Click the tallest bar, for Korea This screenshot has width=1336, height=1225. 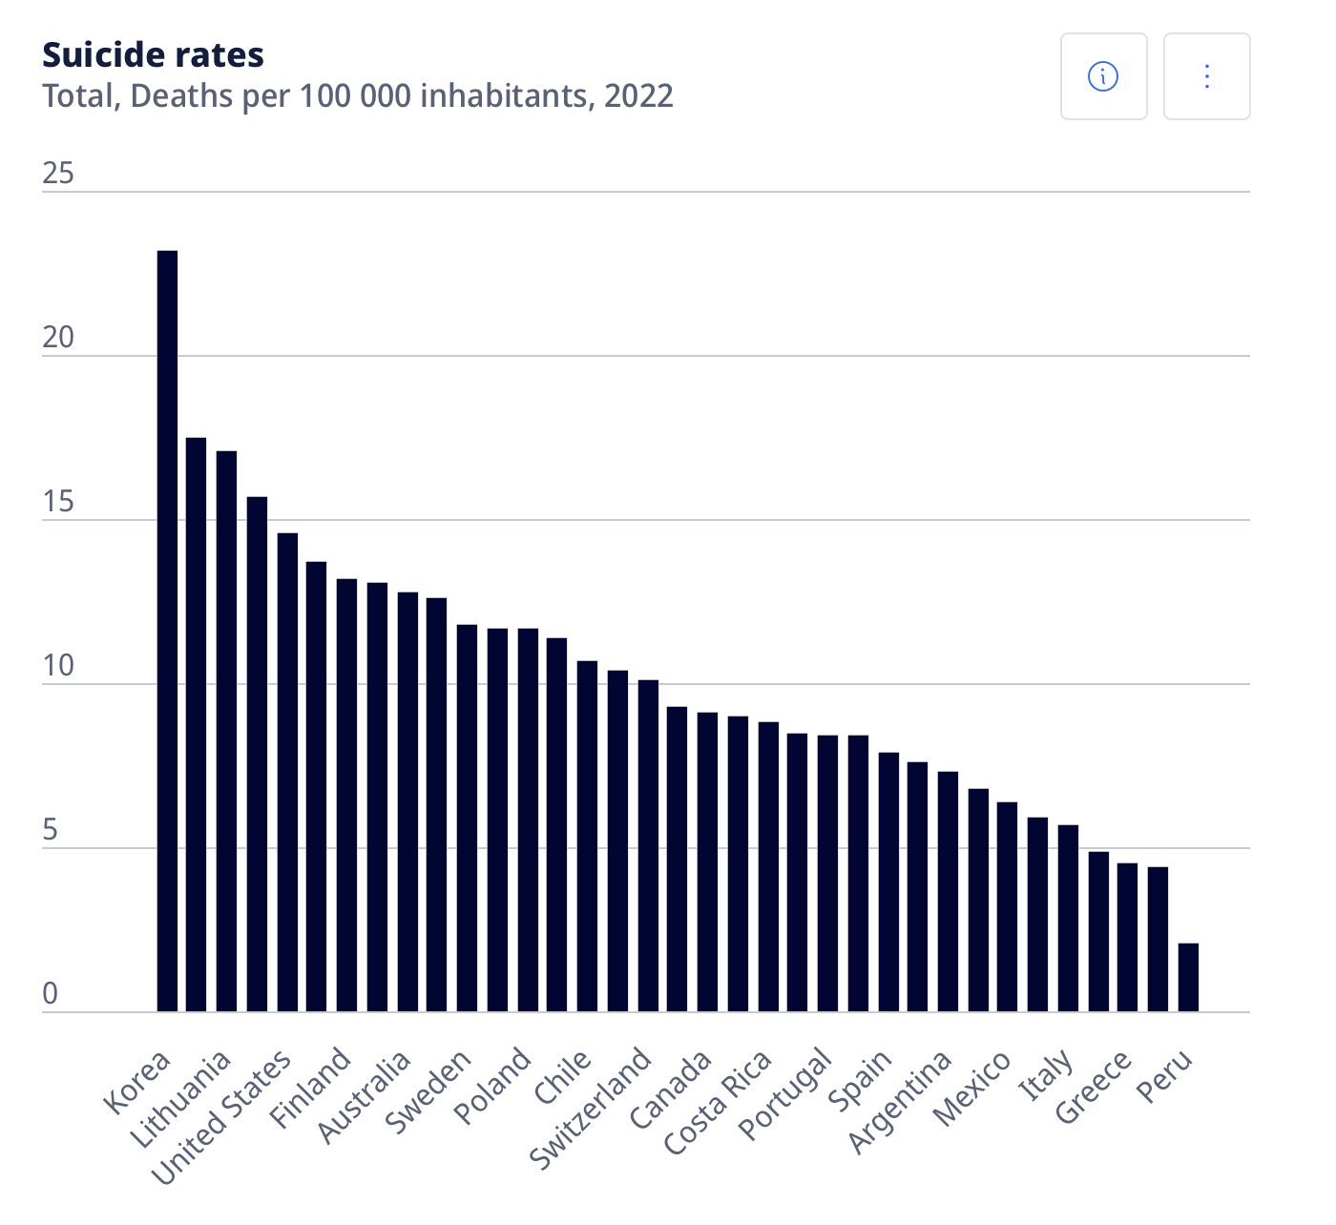pos(167,630)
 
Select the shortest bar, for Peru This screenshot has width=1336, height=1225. pos(1188,977)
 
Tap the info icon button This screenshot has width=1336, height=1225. pos(1103,76)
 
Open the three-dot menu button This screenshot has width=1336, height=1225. pos(1206,76)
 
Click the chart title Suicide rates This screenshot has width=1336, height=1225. pos(153,55)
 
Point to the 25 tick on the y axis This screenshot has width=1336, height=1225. pos(58,173)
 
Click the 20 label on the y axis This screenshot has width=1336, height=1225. pos(58,338)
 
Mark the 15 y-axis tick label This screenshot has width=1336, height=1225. pos(58,502)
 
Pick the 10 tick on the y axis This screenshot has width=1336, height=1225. pos(58,666)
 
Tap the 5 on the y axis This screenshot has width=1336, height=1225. pos(51,830)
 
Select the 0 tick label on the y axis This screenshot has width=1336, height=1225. pos(51,994)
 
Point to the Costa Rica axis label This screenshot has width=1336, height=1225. pos(718,1101)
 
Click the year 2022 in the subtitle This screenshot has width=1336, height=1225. pos(638,96)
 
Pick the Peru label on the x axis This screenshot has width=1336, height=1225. pos(1166,1075)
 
